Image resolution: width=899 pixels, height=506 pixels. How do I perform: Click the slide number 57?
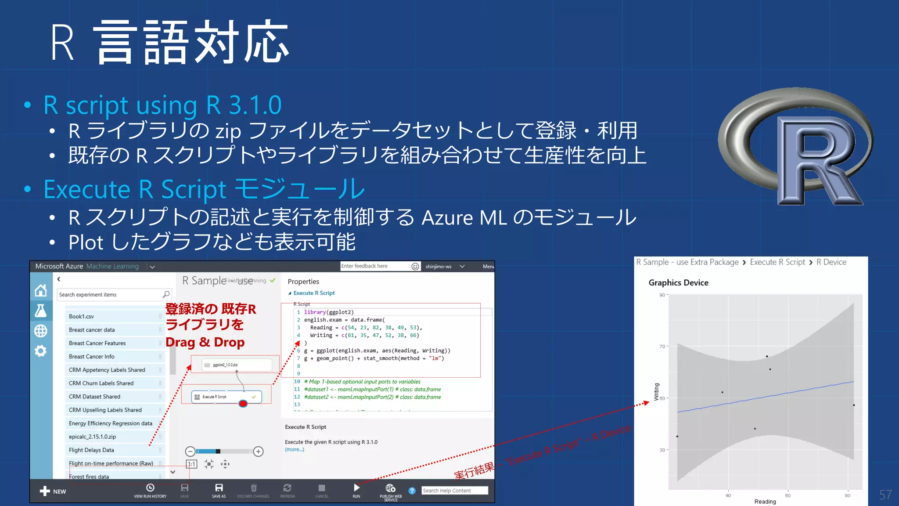click(885, 495)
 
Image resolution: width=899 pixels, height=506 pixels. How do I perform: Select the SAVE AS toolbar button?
click(219, 490)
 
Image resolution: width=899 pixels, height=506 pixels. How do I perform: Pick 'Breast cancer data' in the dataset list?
click(92, 330)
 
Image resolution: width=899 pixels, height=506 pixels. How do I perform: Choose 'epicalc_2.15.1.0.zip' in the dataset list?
click(92, 437)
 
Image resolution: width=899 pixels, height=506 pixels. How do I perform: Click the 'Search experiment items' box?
click(110, 295)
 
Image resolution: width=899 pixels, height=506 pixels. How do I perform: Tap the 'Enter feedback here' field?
click(375, 266)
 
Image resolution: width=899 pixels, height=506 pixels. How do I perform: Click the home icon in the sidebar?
click(41, 290)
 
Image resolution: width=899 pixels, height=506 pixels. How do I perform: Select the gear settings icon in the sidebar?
click(41, 351)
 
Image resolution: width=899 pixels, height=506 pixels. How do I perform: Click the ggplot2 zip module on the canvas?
click(236, 365)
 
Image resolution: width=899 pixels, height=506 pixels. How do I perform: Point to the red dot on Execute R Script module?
click(243, 403)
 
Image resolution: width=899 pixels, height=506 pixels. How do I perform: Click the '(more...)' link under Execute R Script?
click(295, 449)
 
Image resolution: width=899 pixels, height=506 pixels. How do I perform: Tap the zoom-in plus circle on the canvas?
click(258, 452)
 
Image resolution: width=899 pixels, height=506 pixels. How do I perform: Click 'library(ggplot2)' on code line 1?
click(329, 312)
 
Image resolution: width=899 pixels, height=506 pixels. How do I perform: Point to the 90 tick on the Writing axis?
click(662, 295)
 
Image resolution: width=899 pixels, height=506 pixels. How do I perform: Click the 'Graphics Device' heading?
click(678, 283)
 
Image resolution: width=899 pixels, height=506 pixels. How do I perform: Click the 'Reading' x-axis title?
click(765, 502)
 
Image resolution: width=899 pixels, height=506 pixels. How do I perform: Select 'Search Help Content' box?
click(454, 491)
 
